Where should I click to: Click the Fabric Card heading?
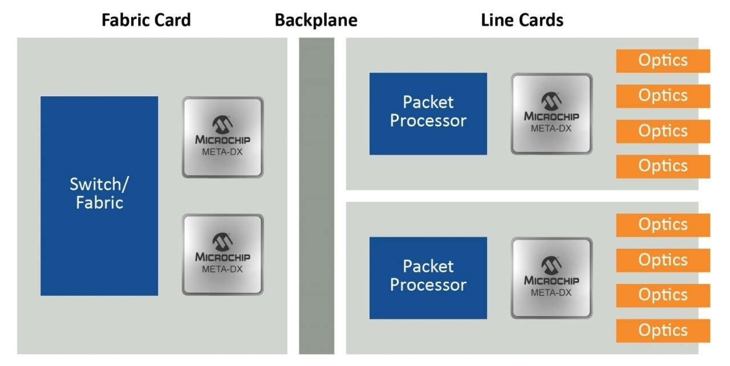pyautogui.click(x=146, y=21)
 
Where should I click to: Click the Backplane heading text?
pyautogui.click(x=316, y=21)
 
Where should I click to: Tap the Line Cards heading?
pyautogui.click(x=522, y=21)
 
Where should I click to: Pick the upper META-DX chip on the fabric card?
pyautogui.click(x=222, y=137)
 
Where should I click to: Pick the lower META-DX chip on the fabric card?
pyautogui.click(x=222, y=254)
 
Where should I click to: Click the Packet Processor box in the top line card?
pyautogui.click(x=428, y=113)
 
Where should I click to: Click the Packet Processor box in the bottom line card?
pyautogui.click(x=428, y=278)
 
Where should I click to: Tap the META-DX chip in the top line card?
pyautogui.click(x=551, y=113)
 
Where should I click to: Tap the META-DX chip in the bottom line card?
pyautogui.click(x=551, y=278)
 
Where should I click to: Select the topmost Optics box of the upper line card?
pyautogui.click(x=663, y=60)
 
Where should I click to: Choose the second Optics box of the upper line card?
pyautogui.click(x=663, y=96)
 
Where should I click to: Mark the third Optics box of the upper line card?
pyautogui.click(x=663, y=131)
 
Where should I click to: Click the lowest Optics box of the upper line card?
pyautogui.click(x=663, y=166)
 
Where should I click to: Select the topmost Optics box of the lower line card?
pyautogui.click(x=663, y=225)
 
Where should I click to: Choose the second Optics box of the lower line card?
pyautogui.click(x=663, y=260)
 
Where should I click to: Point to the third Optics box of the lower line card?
pyautogui.click(x=663, y=295)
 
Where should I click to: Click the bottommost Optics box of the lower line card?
pyautogui.click(x=663, y=330)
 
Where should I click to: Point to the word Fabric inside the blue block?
pyautogui.click(x=99, y=202)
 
